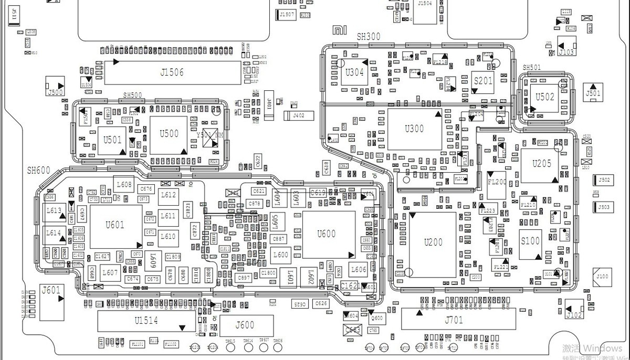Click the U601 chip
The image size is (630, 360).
coord(115,226)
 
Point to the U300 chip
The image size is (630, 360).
coord(414,129)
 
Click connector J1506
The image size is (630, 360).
coord(172,72)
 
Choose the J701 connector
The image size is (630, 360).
coord(454,319)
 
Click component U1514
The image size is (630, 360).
coord(146,320)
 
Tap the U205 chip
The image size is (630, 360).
coord(541,164)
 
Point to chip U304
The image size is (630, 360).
coord(355,73)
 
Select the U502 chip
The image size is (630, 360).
coord(544,98)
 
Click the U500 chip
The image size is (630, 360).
coord(169,134)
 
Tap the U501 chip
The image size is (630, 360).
coord(112,141)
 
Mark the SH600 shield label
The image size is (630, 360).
coord(39,171)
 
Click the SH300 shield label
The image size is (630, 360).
coord(368,37)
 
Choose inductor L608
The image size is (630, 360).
coord(124,185)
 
